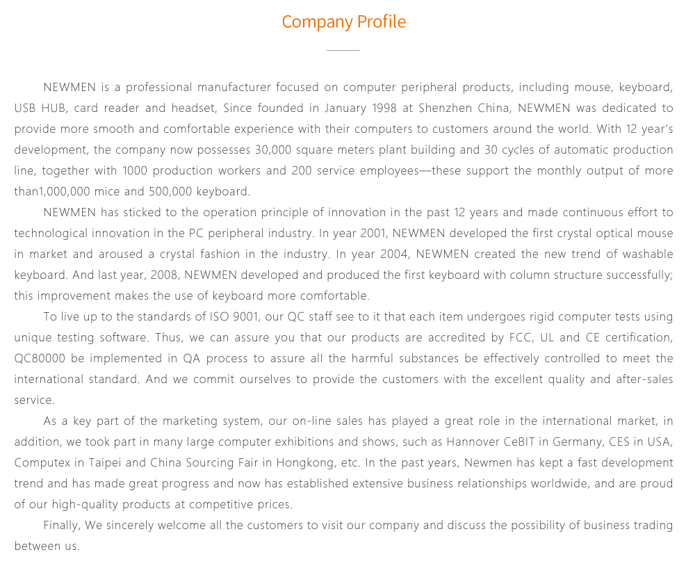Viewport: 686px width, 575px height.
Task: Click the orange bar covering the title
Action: [344, 22]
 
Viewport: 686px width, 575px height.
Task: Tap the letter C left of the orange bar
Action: [285, 22]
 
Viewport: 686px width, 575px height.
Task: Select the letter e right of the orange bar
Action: [402, 23]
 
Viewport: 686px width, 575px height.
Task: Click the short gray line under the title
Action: [343, 50]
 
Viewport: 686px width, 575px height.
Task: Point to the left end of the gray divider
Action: [326, 50]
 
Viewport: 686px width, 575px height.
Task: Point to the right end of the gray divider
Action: [360, 50]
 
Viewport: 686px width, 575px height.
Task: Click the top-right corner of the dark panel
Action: [672, 83]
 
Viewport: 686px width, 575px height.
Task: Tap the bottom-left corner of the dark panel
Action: [15, 549]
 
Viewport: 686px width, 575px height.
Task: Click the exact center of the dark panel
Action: [343, 316]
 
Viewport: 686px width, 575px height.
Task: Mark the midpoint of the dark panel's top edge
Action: [343, 83]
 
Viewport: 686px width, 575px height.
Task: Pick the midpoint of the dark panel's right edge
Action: [672, 316]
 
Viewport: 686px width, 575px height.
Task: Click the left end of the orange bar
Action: [290, 22]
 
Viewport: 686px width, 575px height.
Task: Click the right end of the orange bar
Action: [398, 22]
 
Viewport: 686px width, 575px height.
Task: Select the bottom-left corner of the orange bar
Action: [290, 30]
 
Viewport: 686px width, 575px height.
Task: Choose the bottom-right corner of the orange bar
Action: [398, 30]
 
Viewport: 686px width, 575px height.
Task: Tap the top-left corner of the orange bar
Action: [290, 13]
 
